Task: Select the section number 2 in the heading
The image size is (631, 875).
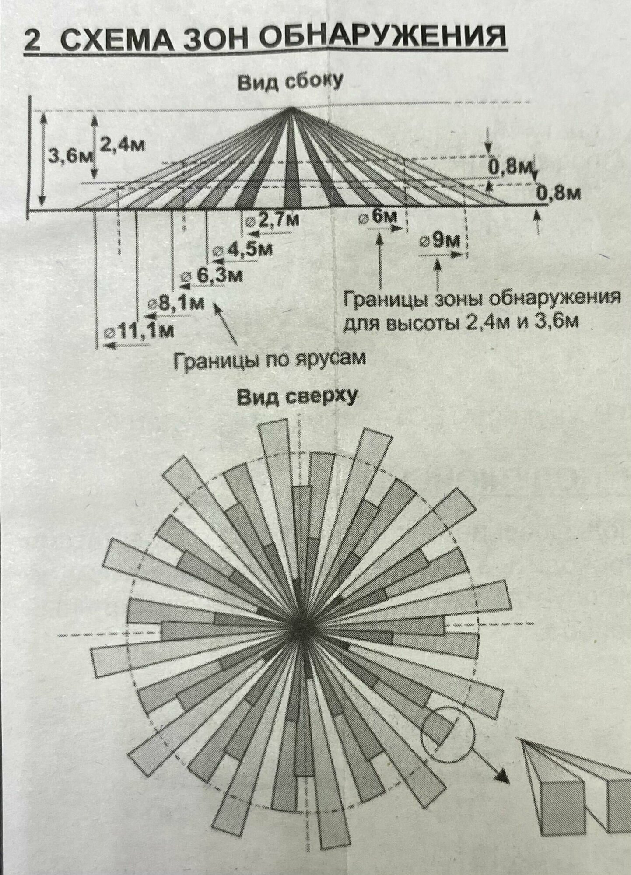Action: click(x=33, y=42)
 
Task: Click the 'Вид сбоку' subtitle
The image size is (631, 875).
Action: click(x=289, y=82)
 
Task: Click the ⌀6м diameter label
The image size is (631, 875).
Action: click(x=378, y=217)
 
